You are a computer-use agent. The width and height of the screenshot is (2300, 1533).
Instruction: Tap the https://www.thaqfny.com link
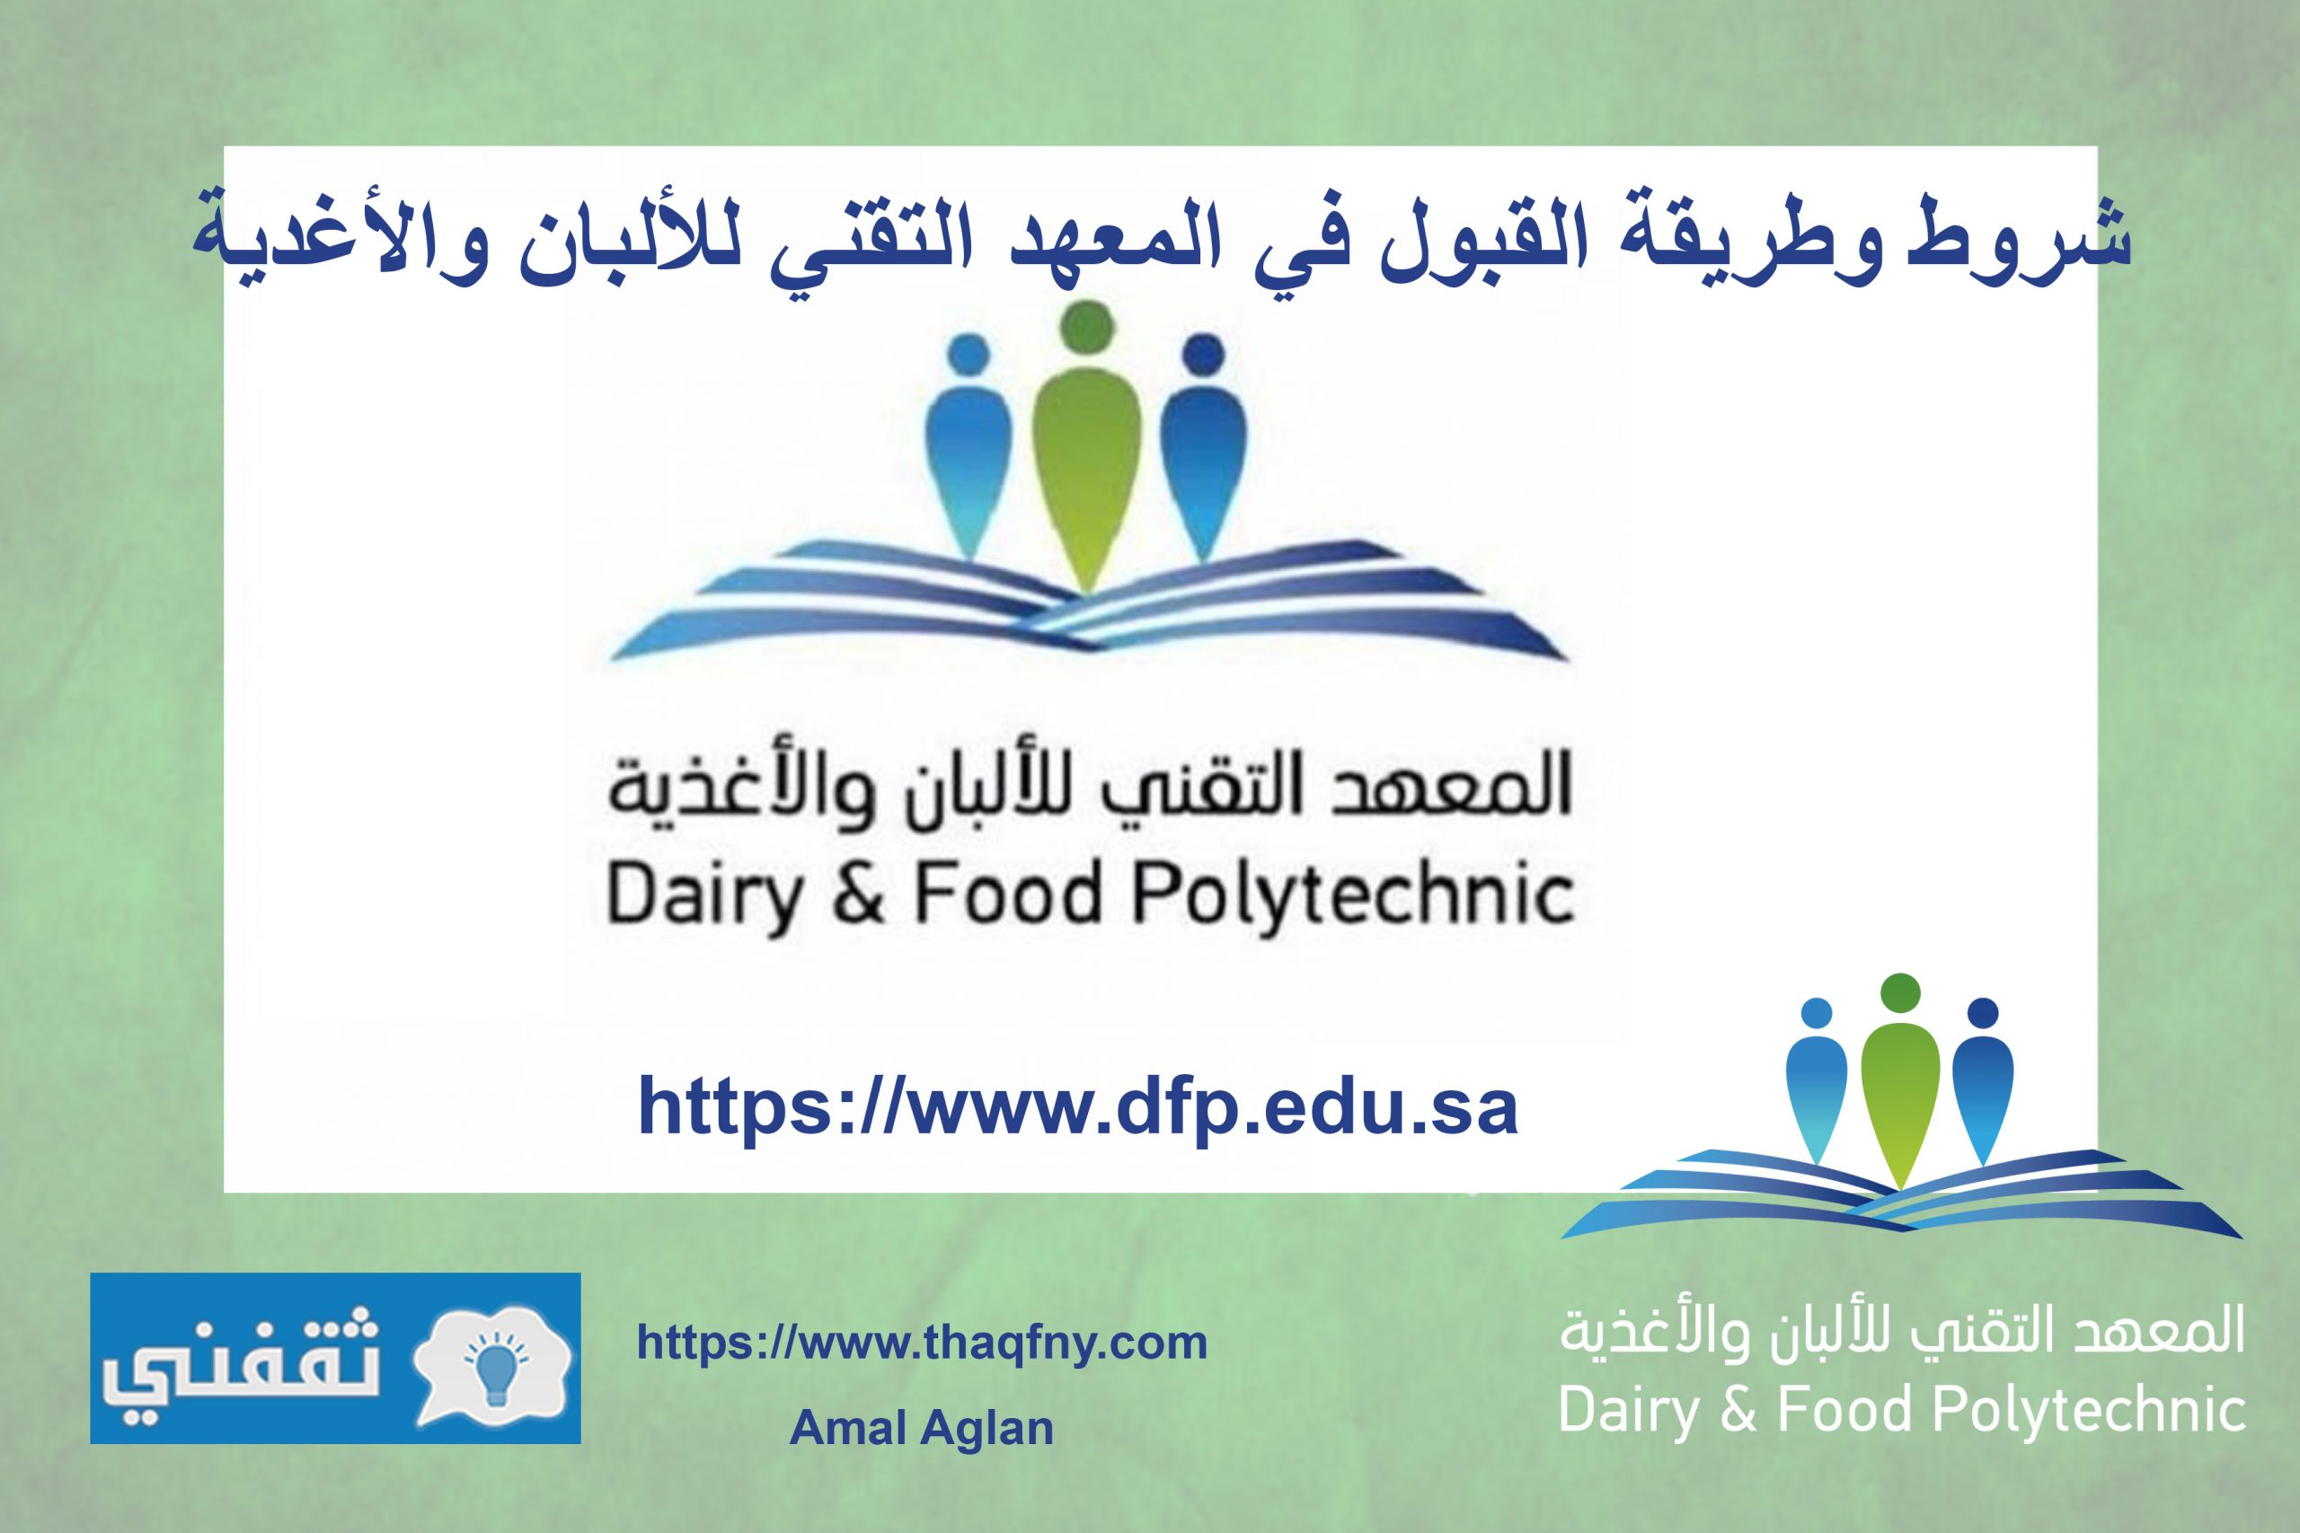[922, 1344]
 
